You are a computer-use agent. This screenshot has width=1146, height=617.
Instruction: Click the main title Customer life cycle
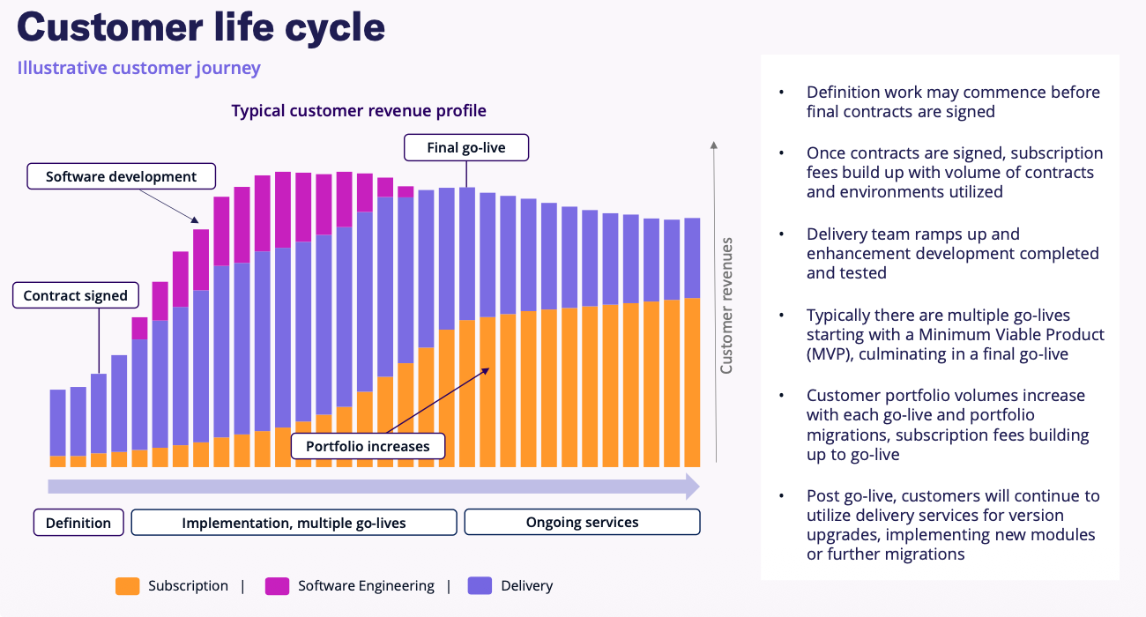(x=201, y=28)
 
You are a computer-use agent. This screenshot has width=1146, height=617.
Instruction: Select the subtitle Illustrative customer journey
(x=138, y=68)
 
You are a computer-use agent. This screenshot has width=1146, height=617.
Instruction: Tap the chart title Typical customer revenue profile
(x=359, y=111)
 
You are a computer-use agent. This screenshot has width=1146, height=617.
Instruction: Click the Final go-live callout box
(x=465, y=147)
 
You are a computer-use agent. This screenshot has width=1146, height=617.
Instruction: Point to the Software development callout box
(x=121, y=176)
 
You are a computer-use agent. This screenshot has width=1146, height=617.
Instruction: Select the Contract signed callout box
(x=75, y=295)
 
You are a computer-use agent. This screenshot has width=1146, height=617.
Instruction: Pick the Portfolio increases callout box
(x=368, y=446)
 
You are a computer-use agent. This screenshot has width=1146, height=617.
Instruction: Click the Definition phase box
(x=78, y=523)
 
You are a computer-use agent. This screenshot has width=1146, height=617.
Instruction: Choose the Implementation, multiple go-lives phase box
(x=294, y=523)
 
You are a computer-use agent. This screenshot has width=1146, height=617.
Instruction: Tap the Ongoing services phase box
(x=582, y=522)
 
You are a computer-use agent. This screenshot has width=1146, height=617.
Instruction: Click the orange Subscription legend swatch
(x=127, y=586)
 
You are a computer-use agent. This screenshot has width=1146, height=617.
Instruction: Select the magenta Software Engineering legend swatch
(x=277, y=586)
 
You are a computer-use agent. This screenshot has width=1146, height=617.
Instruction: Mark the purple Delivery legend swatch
(x=480, y=586)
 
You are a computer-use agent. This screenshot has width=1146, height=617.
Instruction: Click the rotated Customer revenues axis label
(x=727, y=305)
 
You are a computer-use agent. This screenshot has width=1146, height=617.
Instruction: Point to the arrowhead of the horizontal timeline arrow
(x=693, y=487)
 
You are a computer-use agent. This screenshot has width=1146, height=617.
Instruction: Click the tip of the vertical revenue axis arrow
(x=715, y=144)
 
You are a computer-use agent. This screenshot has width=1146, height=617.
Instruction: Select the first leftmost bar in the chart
(x=57, y=427)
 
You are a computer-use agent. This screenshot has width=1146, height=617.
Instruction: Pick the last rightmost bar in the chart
(x=692, y=344)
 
